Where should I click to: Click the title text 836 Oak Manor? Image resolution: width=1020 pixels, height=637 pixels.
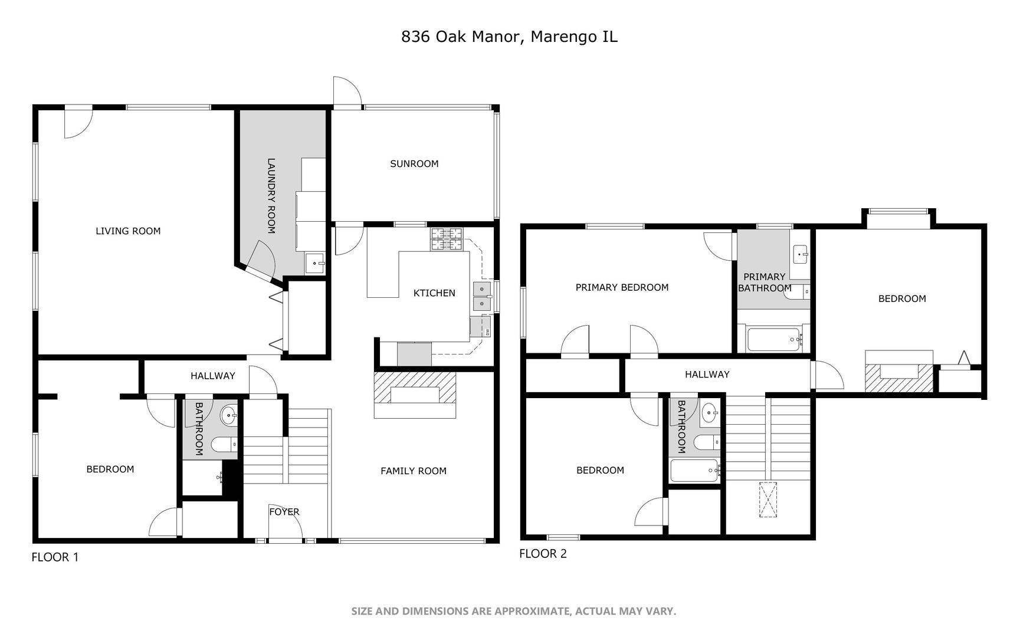[x=461, y=37]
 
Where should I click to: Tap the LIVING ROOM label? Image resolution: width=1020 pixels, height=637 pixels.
[x=128, y=231]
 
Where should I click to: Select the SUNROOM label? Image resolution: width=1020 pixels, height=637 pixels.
[x=414, y=164]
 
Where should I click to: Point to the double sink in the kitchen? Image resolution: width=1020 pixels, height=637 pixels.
[x=482, y=296]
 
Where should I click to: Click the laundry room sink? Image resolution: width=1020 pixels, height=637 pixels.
[x=315, y=263]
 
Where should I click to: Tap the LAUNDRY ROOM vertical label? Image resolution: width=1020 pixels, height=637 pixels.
[x=271, y=196]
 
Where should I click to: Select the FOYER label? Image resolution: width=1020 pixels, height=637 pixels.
[x=284, y=512]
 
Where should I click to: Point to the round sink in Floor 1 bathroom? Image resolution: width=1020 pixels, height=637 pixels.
[x=229, y=416]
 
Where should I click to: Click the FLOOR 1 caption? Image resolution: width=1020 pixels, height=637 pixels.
[x=55, y=557]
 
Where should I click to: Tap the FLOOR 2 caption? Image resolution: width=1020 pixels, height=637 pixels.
[x=543, y=553]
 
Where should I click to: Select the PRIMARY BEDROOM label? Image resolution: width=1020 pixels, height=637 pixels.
[x=622, y=287]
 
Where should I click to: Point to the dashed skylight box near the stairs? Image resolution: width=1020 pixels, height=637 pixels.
[x=768, y=500]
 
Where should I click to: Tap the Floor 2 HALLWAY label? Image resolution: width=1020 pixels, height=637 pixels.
[x=707, y=375]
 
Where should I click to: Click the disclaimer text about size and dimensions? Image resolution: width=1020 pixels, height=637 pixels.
[x=513, y=611]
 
